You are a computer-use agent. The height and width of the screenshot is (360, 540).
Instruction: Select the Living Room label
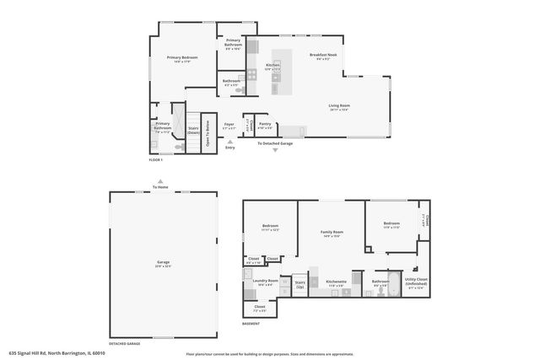point(339,105)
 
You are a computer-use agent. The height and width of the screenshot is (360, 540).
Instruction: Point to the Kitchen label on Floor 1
point(273,65)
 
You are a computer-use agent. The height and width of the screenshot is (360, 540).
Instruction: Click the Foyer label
point(229,125)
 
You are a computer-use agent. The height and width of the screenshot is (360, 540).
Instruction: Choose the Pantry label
point(265,125)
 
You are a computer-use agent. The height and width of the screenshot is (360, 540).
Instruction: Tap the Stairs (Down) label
point(193,131)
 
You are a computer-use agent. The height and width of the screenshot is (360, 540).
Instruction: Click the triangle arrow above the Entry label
point(229,142)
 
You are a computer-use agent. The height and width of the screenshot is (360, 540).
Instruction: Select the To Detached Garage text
point(275,143)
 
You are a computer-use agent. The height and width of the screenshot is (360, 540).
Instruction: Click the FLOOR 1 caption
point(155,159)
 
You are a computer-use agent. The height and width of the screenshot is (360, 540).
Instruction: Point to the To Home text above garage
point(160,186)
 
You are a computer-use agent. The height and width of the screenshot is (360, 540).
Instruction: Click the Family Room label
point(331,233)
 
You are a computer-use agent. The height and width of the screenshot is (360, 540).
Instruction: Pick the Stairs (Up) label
point(300,284)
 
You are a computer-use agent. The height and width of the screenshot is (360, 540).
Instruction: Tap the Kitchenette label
point(337,282)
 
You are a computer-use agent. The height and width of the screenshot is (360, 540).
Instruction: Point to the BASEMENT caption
point(251,322)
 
